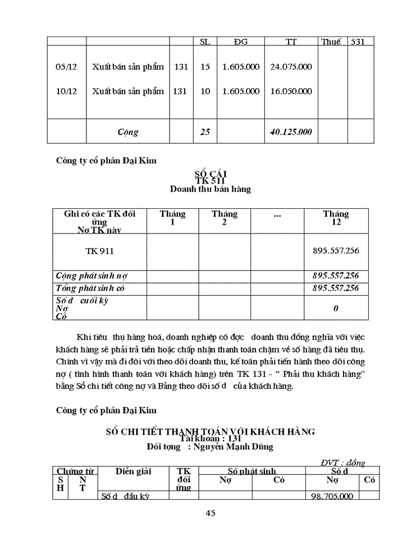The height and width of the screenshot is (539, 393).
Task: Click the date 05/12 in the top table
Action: (x=66, y=67)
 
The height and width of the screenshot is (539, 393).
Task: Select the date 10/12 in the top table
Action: (x=66, y=91)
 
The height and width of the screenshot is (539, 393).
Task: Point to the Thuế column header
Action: (x=330, y=42)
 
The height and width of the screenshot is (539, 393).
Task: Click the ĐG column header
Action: (x=240, y=42)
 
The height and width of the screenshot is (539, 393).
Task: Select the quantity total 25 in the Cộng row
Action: (x=205, y=133)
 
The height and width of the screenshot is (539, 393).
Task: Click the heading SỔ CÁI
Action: (x=210, y=174)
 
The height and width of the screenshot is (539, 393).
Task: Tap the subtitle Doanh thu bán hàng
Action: (x=210, y=189)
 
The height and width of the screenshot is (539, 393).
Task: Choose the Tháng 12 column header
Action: (x=336, y=218)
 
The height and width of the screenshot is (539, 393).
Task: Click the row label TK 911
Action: (x=99, y=251)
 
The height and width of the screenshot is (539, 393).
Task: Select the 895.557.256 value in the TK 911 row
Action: (x=336, y=251)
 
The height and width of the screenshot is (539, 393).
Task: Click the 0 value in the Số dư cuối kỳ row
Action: (x=336, y=308)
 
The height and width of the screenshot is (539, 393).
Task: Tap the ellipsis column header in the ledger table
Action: (x=277, y=214)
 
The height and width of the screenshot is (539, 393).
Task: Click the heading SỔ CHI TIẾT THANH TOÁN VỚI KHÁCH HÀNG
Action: (x=210, y=431)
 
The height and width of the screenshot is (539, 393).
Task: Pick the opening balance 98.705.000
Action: (x=332, y=496)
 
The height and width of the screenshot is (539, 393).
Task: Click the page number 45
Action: (x=211, y=513)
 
